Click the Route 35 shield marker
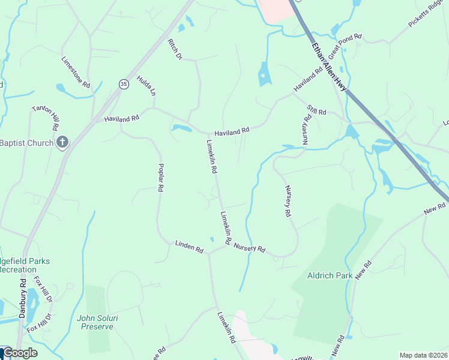click(123, 83)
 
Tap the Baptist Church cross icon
click(61, 142)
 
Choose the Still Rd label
click(316, 111)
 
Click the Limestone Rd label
click(76, 73)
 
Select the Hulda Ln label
click(146, 86)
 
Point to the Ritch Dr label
click(174, 49)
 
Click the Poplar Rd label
click(161, 177)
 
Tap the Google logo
click(20, 353)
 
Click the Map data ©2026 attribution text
click(422, 355)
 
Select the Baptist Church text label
click(26, 143)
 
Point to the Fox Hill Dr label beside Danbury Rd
click(43, 289)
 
